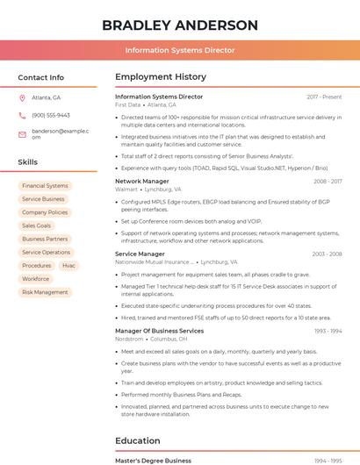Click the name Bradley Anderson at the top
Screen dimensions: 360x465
coord(180,25)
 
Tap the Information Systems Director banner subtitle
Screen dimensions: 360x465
coord(180,50)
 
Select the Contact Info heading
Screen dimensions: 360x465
coord(41,77)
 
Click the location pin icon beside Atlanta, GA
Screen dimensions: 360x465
coord(22,98)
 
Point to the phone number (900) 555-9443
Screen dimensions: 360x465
coord(51,115)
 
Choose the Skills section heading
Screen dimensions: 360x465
coord(28,162)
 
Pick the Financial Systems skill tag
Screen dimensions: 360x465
coord(45,186)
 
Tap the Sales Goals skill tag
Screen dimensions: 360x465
coord(37,225)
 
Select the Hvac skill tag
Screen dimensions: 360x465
coord(68,265)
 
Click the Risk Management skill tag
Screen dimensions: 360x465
coord(45,292)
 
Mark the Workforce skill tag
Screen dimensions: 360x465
coord(36,279)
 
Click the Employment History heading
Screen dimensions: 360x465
coord(161,77)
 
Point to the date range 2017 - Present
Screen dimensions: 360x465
coord(324,97)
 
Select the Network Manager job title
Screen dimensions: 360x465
coord(141,181)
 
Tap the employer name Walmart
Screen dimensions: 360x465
coord(126,190)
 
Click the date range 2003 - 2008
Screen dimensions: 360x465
coord(327,254)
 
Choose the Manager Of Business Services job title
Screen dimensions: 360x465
coord(159,331)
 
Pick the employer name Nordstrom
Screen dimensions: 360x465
coord(129,339)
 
